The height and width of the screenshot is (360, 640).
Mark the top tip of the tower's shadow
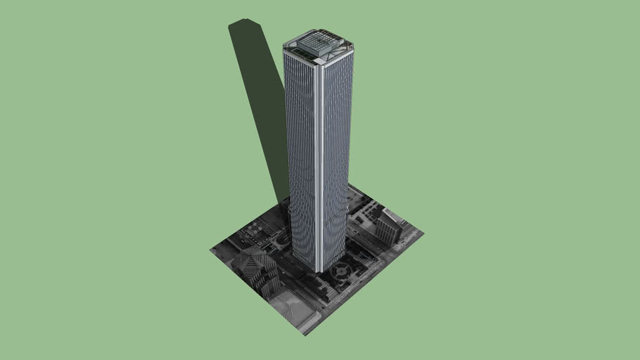tap(246, 22)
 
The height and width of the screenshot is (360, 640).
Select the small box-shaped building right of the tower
tap(388, 227)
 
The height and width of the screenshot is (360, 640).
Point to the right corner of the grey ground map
tap(423, 232)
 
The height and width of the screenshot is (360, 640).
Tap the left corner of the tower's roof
tap(284, 48)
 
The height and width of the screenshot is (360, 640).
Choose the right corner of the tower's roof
tap(352, 49)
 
